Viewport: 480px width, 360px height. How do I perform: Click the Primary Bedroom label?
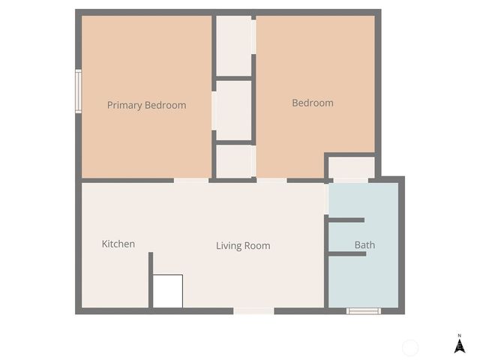tap(146, 105)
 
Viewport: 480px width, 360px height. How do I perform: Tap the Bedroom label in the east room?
tap(313, 103)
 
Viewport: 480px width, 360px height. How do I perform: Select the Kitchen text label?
tap(118, 244)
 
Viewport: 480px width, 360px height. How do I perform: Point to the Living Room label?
tap(243, 245)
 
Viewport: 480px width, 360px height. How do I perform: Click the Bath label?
tap(364, 245)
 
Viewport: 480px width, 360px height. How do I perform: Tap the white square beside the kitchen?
tap(168, 291)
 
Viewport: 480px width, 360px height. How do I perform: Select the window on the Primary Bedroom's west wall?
tap(78, 91)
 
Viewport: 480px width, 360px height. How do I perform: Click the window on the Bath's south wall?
tap(364, 310)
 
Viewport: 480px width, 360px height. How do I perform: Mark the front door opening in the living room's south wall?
tap(253, 310)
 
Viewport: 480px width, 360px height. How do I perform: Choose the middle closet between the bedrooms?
tap(233, 110)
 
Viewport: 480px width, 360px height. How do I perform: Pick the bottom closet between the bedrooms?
tap(234, 160)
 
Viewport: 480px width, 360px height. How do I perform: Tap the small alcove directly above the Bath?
tap(350, 167)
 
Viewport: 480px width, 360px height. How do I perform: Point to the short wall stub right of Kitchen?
tap(151, 279)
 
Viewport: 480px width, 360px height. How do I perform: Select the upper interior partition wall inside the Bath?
tap(346, 220)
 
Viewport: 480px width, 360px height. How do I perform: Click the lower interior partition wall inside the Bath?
tap(346, 254)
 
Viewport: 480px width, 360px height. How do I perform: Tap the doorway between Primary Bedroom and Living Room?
tap(191, 180)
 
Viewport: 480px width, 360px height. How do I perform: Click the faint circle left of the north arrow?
tap(410, 347)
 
